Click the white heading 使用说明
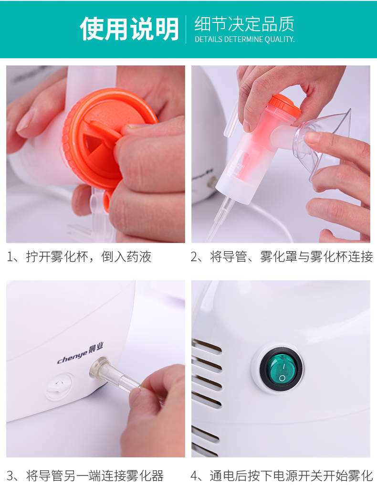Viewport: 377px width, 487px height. click(x=129, y=29)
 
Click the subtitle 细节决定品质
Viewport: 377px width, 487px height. click(x=244, y=24)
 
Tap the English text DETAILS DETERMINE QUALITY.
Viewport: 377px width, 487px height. click(x=245, y=40)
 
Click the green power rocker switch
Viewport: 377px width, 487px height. click(x=281, y=369)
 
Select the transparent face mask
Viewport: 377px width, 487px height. click(x=323, y=143)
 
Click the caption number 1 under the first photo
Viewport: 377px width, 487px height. click(x=10, y=257)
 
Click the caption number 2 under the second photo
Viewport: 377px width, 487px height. click(x=194, y=257)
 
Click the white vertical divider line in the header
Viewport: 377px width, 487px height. click(x=186, y=29)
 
